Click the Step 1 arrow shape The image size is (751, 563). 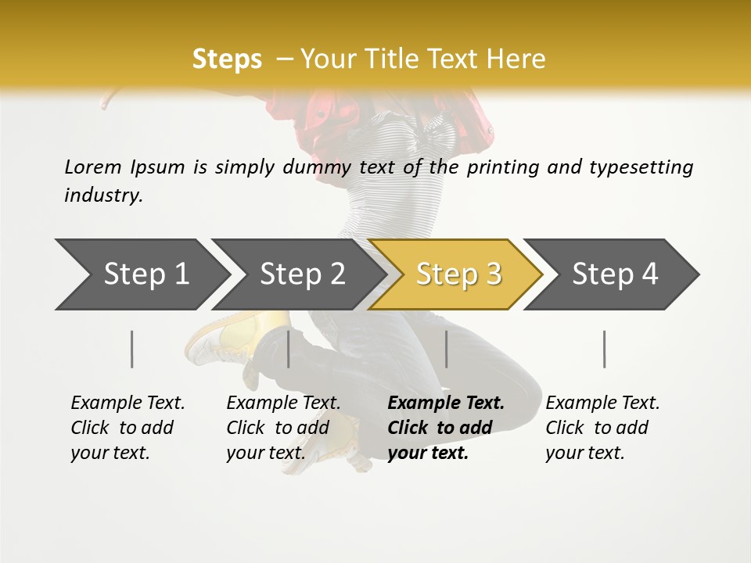(146, 274)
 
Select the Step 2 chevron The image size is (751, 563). (302, 274)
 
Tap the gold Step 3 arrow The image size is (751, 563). (458, 274)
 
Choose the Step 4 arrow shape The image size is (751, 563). (615, 274)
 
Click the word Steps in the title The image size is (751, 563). (227, 59)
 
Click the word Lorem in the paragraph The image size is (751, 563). (93, 167)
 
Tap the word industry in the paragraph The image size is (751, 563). (103, 195)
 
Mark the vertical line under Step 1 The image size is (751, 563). (132, 349)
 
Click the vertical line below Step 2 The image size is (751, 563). (289, 349)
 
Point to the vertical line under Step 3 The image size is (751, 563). (447, 349)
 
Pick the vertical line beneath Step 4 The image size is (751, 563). (605, 349)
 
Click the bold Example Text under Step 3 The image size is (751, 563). (446, 403)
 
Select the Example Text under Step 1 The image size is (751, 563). (128, 403)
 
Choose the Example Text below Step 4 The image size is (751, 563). (602, 403)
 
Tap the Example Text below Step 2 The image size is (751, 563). (283, 403)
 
